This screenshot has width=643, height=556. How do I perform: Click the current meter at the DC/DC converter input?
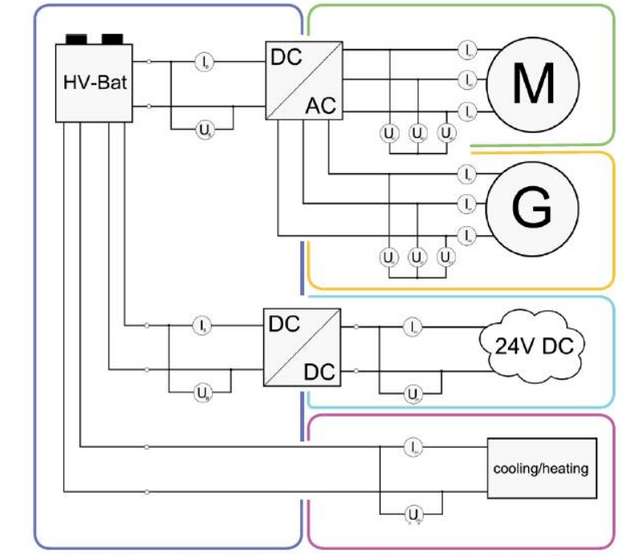point(201,326)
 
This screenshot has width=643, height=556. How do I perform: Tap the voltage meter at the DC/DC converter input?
point(201,392)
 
